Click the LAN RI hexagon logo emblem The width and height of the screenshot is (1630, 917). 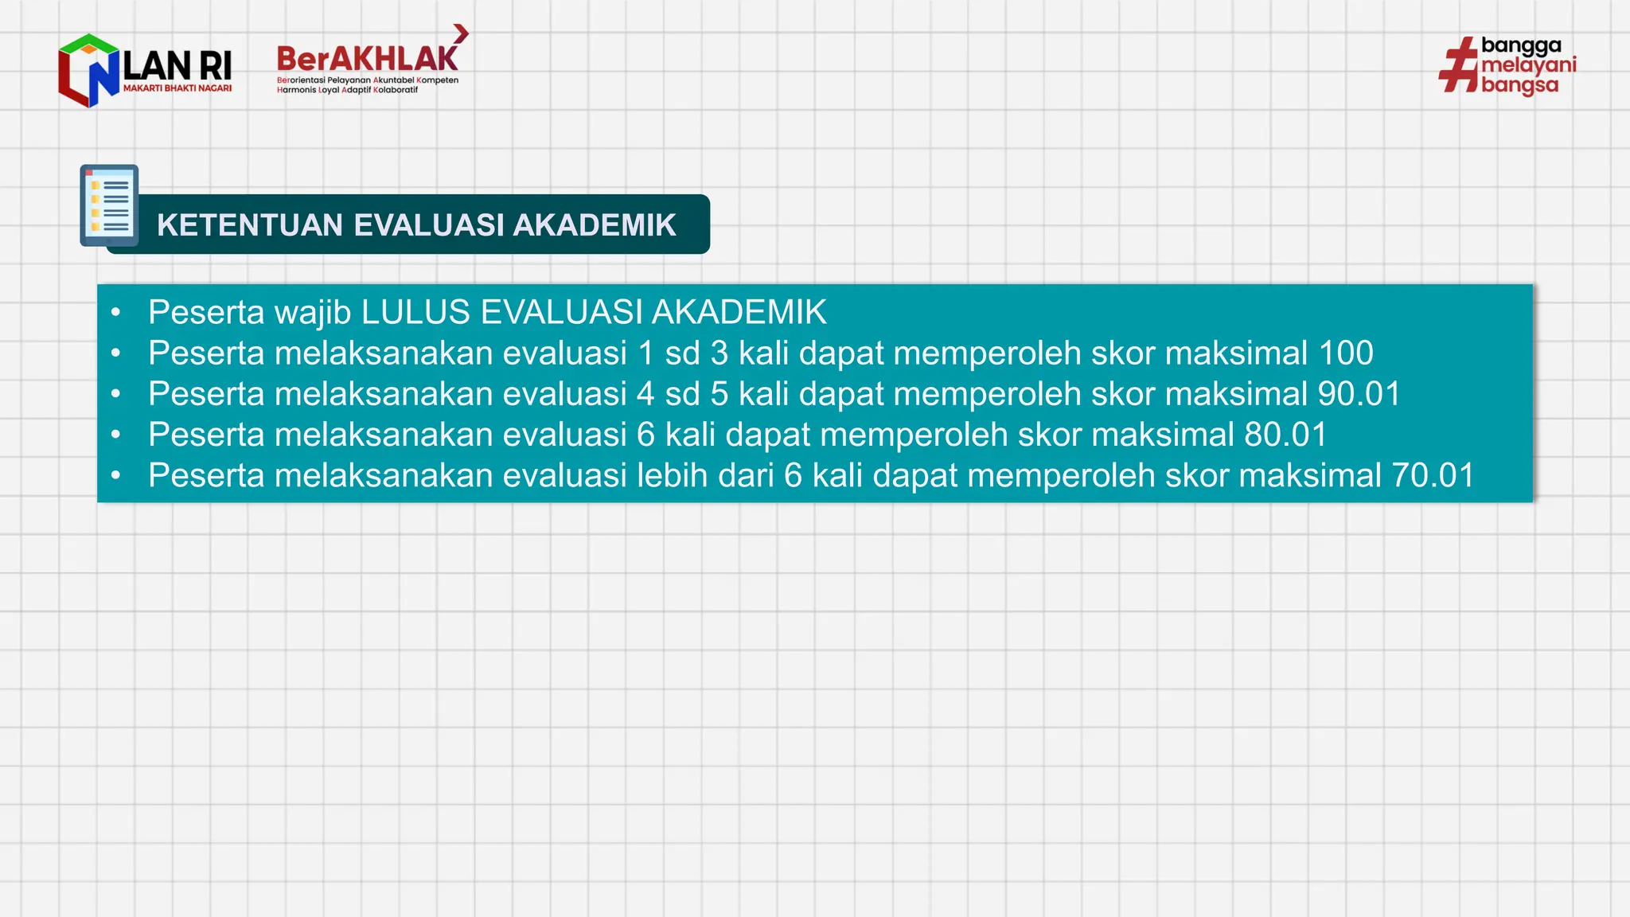click(88, 70)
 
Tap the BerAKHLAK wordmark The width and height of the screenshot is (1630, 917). click(367, 60)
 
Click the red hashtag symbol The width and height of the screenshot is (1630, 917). click(1458, 65)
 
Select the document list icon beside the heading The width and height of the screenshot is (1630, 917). click(110, 205)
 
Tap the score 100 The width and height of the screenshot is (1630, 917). click(1346, 353)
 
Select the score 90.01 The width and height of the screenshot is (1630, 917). click(1359, 394)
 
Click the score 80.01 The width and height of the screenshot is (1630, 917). click(1285, 435)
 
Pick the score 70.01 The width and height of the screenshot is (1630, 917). click(1433, 475)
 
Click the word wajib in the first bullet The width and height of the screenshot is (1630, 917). click(313, 312)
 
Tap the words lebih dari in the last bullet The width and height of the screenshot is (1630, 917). click(705, 475)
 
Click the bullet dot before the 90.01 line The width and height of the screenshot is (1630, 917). click(116, 394)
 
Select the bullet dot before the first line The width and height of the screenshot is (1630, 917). click(116, 312)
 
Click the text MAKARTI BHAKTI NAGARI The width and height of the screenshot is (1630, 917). click(177, 88)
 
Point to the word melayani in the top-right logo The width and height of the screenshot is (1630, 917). click(1528, 65)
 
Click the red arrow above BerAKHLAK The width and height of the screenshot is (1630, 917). click(461, 33)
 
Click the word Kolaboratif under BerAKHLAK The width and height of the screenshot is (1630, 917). click(396, 90)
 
